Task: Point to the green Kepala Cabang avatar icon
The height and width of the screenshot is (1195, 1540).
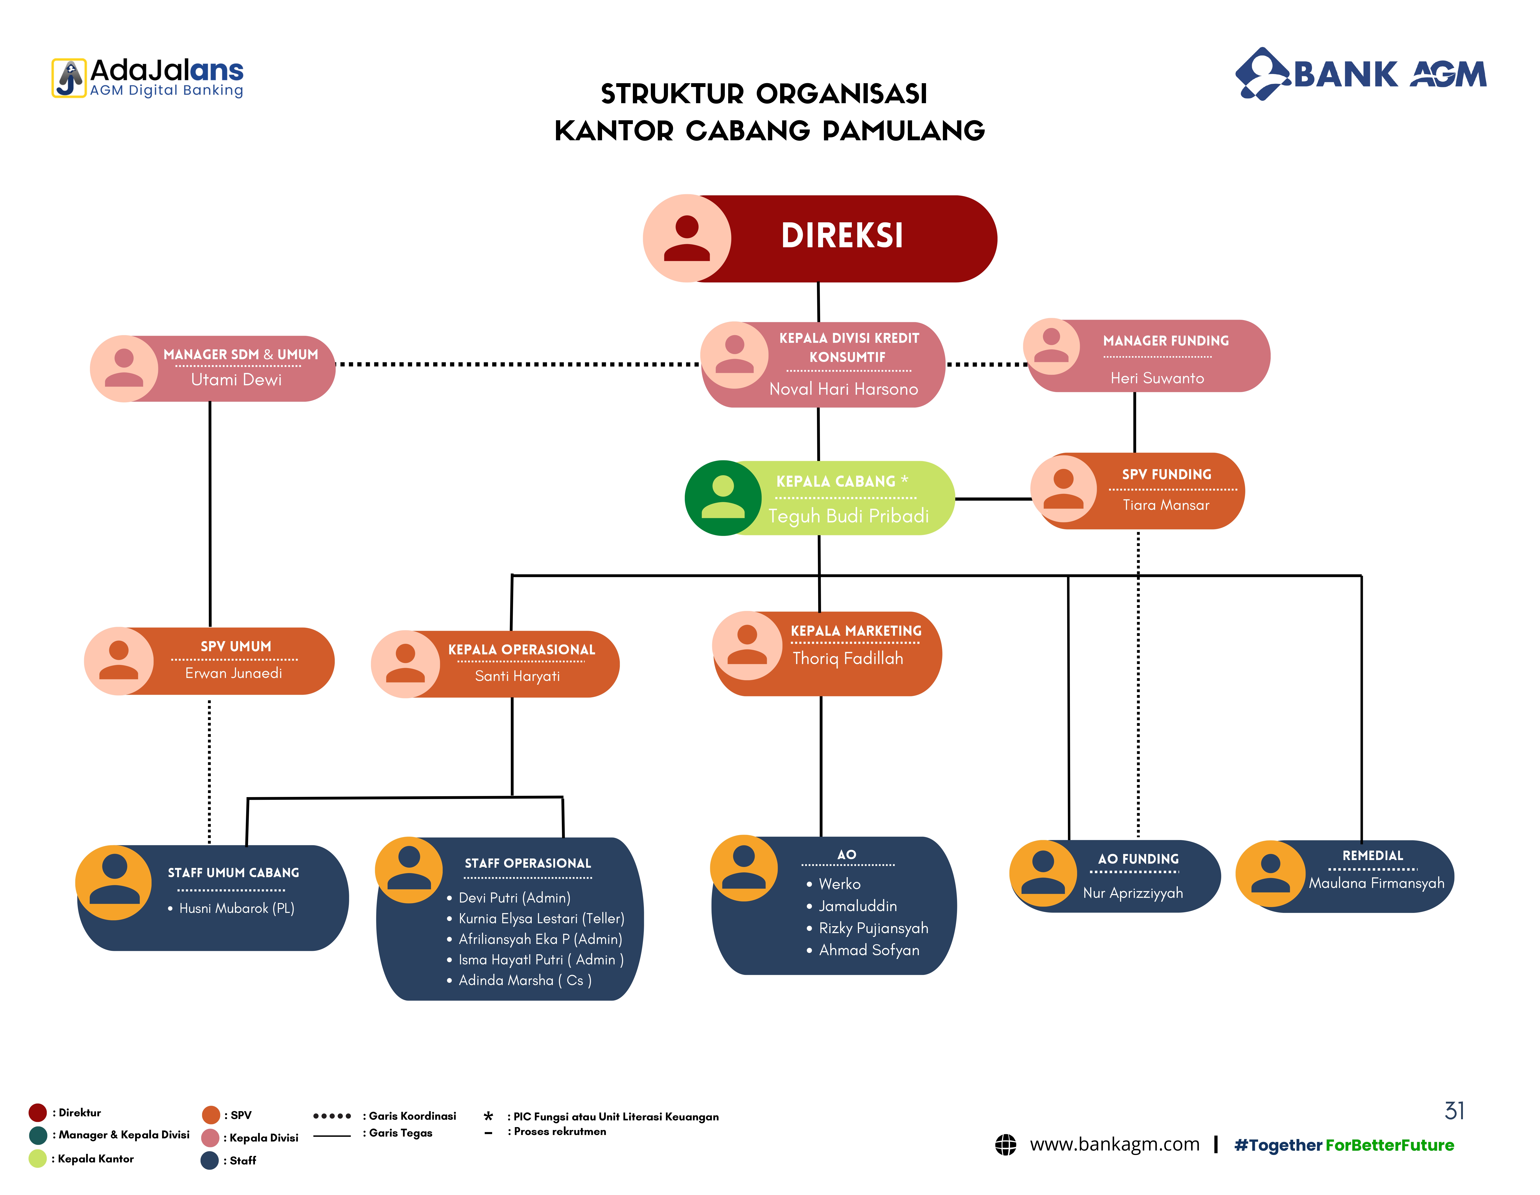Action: pos(723,498)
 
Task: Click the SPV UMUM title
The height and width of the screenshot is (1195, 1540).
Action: pos(236,647)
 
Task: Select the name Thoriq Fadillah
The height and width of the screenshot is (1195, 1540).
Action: pos(848,658)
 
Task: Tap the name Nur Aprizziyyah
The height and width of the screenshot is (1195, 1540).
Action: pos(1132,893)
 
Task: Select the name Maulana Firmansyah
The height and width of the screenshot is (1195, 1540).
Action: pos(1376,883)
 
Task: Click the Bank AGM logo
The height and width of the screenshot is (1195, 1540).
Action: pos(1361,74)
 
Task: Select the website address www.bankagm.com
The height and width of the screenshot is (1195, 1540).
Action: pos(1114,1144)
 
